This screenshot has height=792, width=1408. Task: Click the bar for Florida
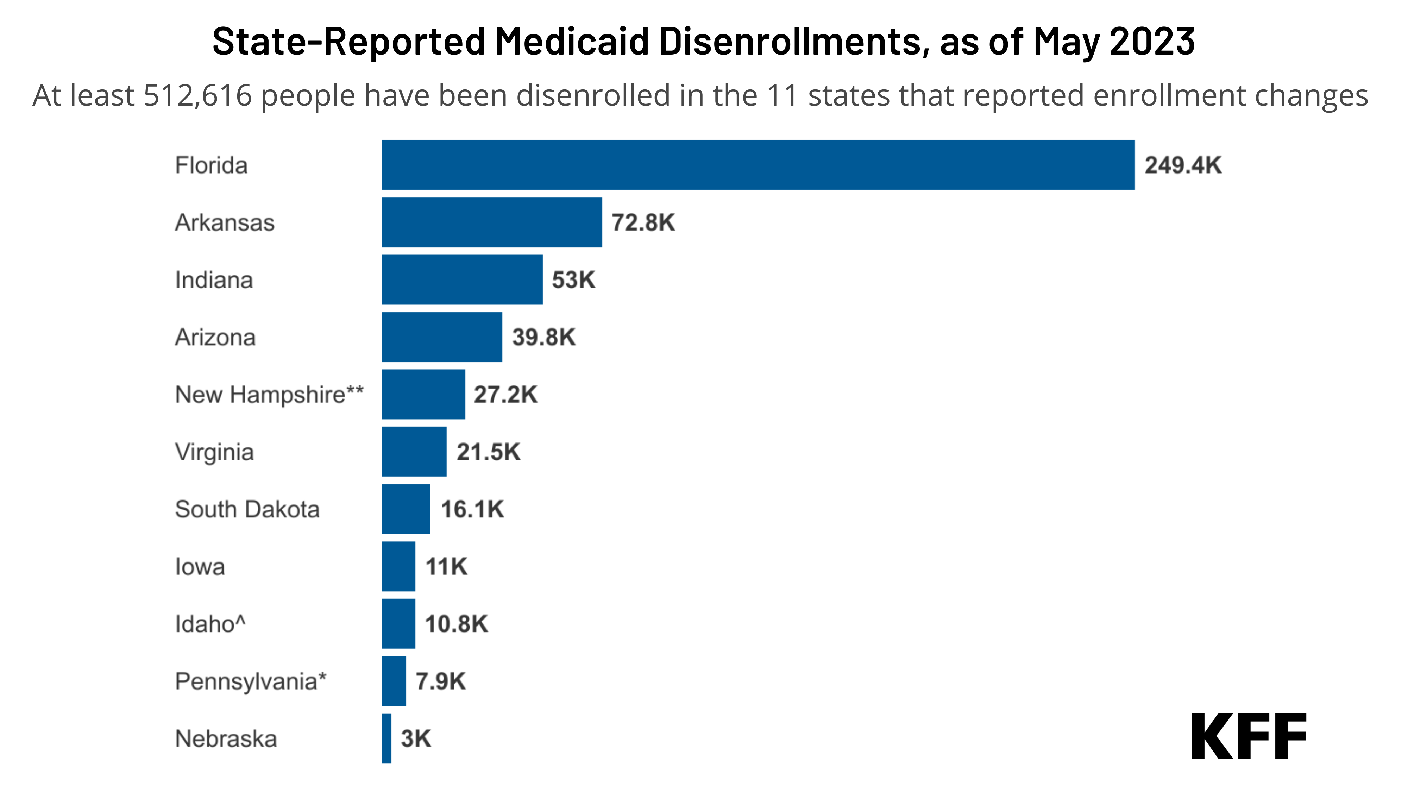[758, 165]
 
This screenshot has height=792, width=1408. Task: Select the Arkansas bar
[491, 222]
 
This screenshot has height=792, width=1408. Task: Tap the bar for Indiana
[462, 280]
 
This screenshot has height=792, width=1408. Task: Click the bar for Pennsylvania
[394, 681]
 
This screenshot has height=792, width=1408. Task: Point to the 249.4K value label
[1182, 165]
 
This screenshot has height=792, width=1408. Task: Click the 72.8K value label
[643, 222]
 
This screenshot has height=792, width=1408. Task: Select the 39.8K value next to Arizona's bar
[543, 337]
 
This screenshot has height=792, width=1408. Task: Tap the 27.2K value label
[505, 395]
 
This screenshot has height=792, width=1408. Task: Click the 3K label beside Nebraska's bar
[415, 738]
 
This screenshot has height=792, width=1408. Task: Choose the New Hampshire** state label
[269, 395]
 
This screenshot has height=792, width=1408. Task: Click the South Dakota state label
[247, 509]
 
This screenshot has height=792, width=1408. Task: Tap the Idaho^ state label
[210, 624]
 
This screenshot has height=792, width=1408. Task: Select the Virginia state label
[214, 452]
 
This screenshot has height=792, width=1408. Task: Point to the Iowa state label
[200, 567]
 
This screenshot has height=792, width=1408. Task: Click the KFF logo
[1249, 736]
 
